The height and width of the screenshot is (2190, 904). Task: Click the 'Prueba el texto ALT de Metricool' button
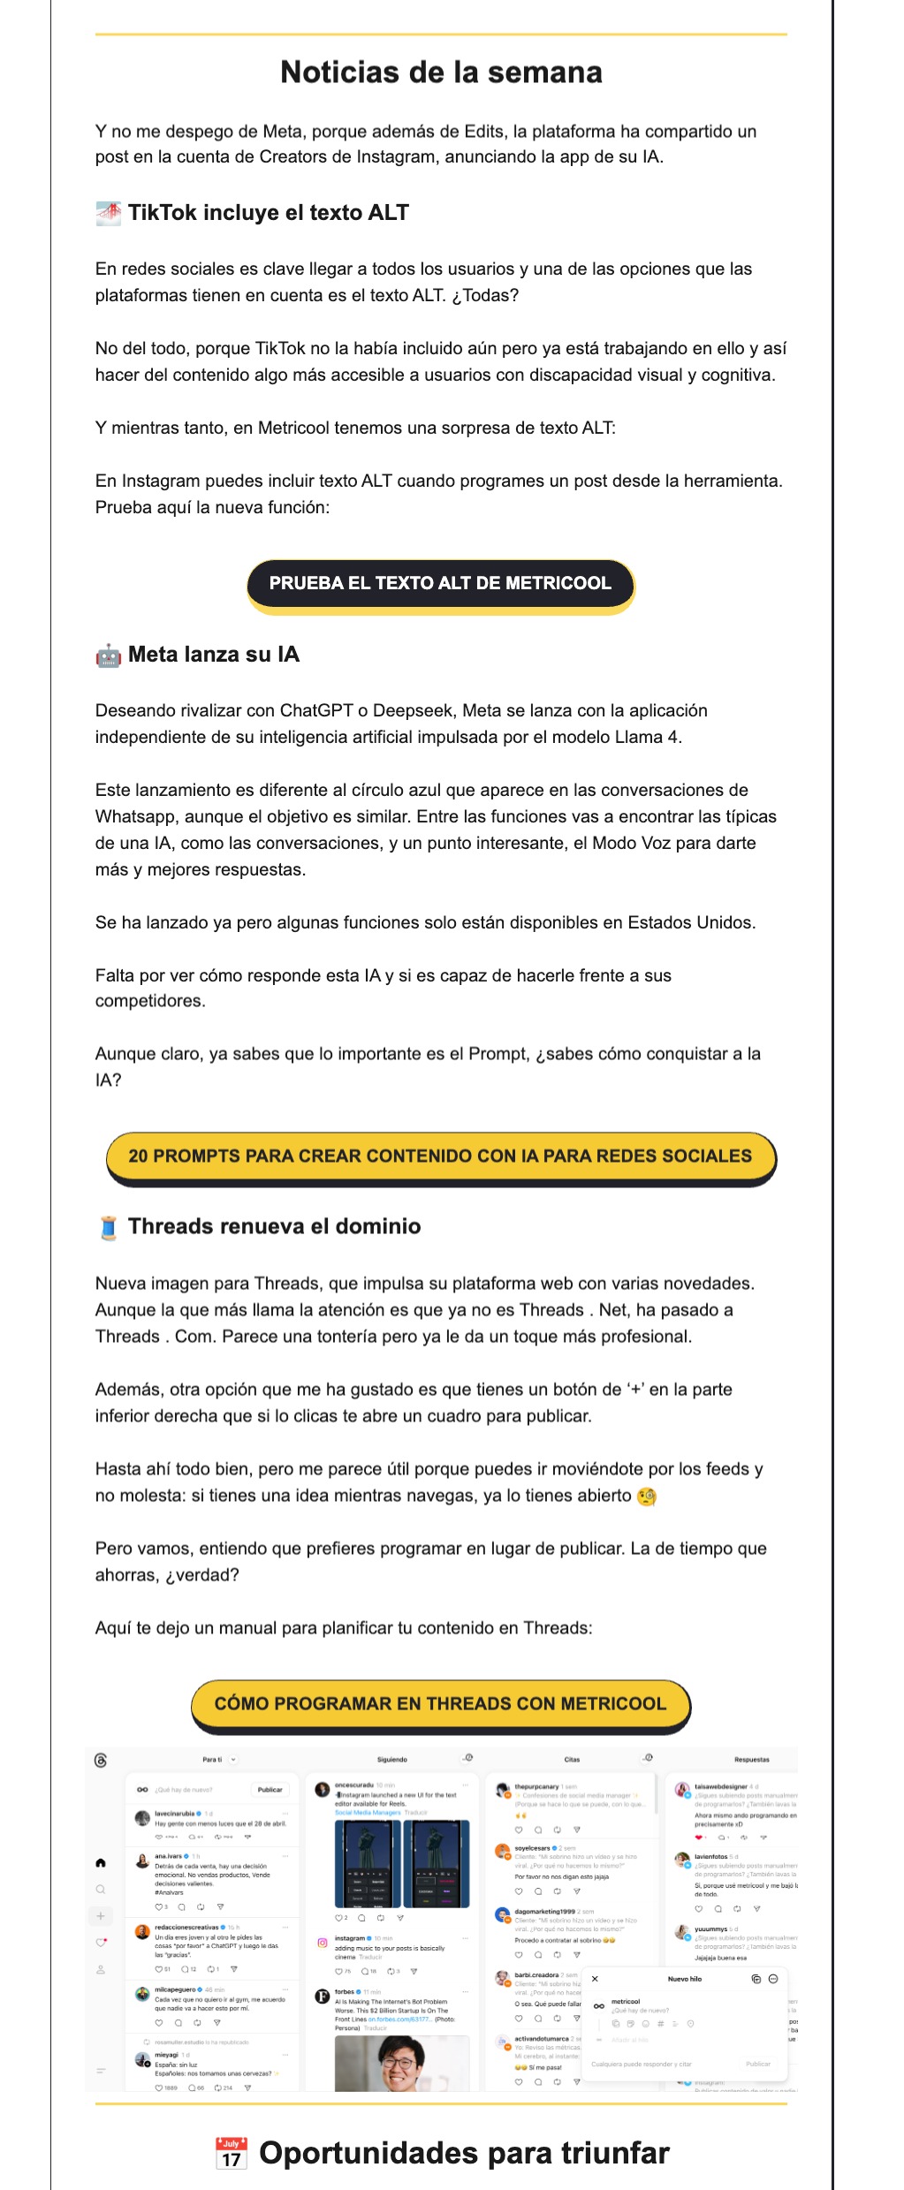[x=440, y=583]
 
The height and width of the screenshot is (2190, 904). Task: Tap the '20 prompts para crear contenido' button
[x=440, y=1156]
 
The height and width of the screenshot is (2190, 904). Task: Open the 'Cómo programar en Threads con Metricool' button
[x=440, y=1703]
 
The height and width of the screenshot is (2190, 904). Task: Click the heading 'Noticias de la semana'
[x=441, y=72]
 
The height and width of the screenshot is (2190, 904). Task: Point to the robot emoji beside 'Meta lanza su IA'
[x=108, y=655]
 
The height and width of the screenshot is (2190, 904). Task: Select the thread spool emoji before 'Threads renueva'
[x=108, y=1228]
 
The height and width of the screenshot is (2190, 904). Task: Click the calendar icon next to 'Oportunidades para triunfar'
[x=232, y=2153]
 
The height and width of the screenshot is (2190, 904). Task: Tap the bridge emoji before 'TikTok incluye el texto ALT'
[x=108, y=213]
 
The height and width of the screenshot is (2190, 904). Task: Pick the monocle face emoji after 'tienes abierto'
[x=647, y=1496]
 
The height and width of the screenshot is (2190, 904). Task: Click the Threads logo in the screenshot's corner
[x=101, y=1760]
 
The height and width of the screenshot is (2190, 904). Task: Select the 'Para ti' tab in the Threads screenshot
[x=212, y=1759]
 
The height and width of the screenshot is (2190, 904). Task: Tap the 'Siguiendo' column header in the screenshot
[x=392, y=1759]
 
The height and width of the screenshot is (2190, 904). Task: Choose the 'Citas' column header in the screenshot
[x=573, y=1759]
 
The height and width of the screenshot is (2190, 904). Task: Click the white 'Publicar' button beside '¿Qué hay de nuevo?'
[x=270, y=1789]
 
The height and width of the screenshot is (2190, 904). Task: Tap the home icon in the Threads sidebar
[x=101, y=1862]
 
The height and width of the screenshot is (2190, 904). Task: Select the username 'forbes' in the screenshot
[x=345, y=1992]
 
